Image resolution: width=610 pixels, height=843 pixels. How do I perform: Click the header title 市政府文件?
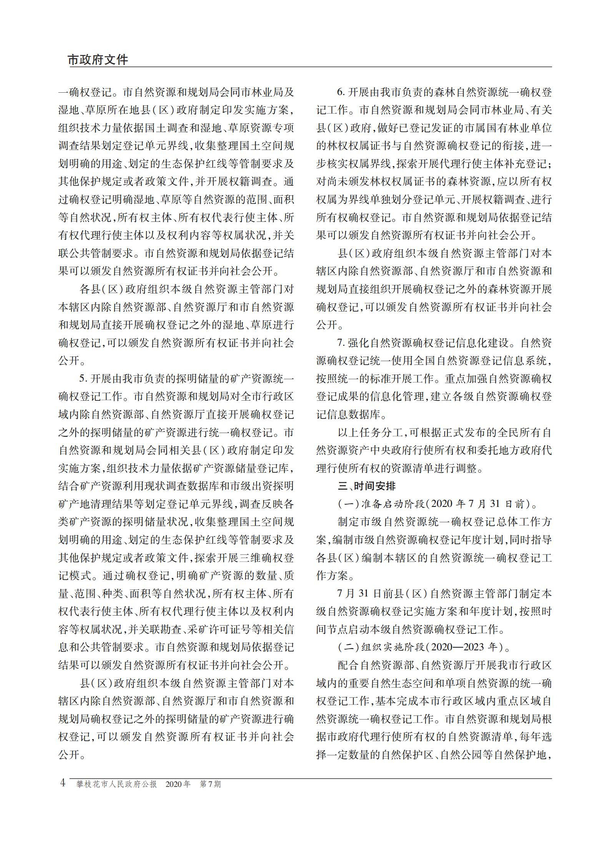point(98,60)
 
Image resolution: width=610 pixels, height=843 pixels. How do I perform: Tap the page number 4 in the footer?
point(63,783)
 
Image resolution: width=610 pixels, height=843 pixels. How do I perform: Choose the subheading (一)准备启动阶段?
point(381,504)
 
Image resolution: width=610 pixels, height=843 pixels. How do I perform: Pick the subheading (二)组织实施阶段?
point(381,647)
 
